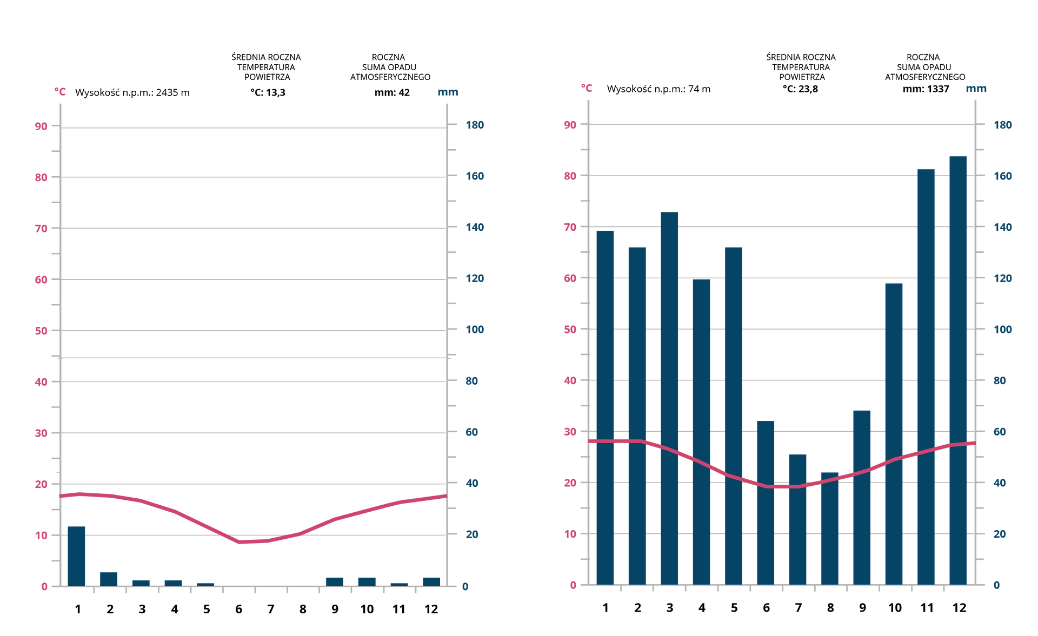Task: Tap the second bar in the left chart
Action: point(109,578)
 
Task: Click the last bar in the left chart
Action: point(431,580)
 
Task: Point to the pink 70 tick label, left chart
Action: point(41,229)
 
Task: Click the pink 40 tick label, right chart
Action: point(570,380)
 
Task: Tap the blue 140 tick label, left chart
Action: point(475,227)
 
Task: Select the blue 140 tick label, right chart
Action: point(1002,227)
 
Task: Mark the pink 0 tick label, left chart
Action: point(44,586)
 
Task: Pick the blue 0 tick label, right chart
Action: point(996,585)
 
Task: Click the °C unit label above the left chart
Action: point(59,91)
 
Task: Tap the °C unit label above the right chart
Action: point(587,88)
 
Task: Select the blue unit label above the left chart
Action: point(448,92)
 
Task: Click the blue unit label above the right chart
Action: point(976,89)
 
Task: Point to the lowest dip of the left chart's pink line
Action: point(241,541)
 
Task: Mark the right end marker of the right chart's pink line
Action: point(971,443)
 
